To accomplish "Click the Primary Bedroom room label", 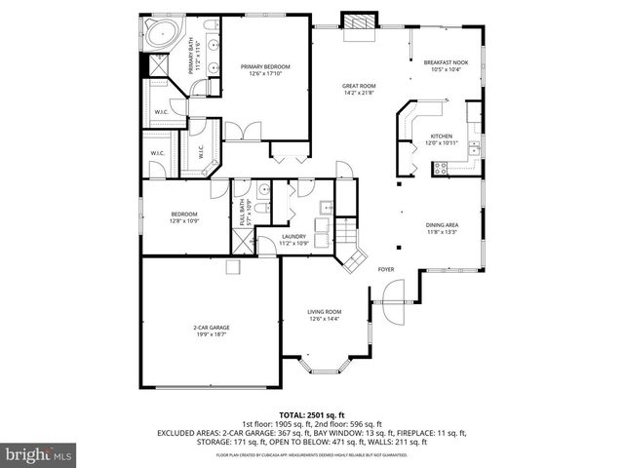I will coord(265,66).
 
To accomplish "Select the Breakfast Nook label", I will coord(446,61).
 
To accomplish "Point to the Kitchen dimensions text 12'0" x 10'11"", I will coord(442,143).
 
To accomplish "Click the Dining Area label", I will coord(442,225).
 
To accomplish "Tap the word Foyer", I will coord(386,268).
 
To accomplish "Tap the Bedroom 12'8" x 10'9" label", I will coord(184,217).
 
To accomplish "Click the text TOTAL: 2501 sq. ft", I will coord(311,415).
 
